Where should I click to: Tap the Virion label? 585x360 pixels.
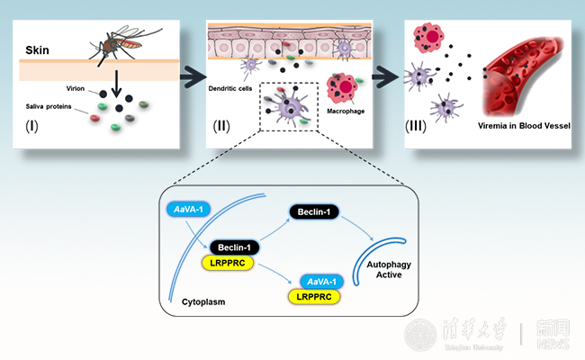coord(75,90)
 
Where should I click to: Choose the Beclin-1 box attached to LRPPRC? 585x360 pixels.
coord(235,247)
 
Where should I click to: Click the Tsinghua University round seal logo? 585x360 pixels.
coord(419,335)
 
